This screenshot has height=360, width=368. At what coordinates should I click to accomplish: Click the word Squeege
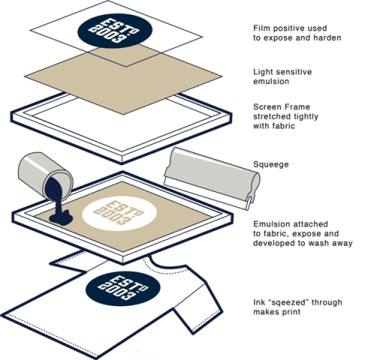[x=271, y=164]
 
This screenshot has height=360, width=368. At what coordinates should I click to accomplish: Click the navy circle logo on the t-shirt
[x=122, y=289]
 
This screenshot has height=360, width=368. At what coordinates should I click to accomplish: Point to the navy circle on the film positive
[x=115, y=31]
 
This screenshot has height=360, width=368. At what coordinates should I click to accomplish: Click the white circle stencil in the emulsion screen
[x=119, y=213]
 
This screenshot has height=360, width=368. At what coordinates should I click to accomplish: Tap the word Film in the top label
[x=262, y=28]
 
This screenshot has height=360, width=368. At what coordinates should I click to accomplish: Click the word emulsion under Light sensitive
[x=271, y=82]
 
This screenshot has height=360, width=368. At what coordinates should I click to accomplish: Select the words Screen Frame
[x=282, y=107]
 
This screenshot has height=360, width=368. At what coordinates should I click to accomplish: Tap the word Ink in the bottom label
[x=258, y=302]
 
